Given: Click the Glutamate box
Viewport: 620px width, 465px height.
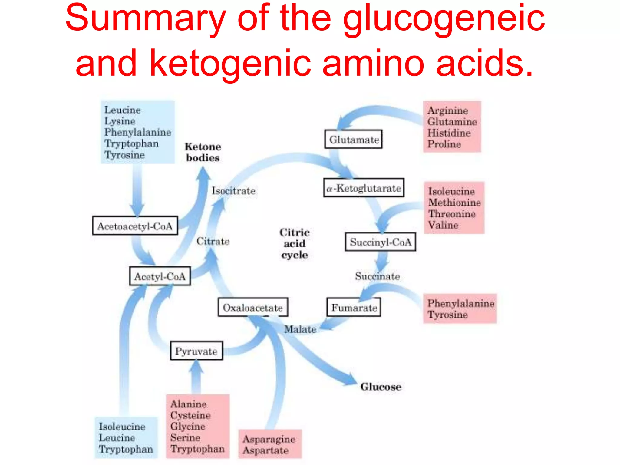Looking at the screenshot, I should click(x=353, y=140).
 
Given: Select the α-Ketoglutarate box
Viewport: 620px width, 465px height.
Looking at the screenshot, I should click(x=364, y=188).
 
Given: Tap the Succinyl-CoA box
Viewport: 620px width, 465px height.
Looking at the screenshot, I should click(x=381, y=242).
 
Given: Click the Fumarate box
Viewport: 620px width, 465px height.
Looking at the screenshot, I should click(x=354, y=308).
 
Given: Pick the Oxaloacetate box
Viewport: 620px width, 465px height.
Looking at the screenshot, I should click(x=253, y=308).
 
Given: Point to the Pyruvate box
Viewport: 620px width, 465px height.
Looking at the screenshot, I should click(x=196, y=351).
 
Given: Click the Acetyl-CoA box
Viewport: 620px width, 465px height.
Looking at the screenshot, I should click(x=160, y=276).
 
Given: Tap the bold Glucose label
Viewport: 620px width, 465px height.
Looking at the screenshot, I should click(x=381, y=387).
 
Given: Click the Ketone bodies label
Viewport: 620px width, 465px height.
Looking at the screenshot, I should click(x=203, y=152).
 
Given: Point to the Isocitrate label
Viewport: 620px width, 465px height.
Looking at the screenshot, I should click(x=233, y=191).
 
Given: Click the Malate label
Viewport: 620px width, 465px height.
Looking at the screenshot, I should click(x=300, y=329).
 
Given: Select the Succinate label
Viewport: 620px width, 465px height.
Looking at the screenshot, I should click(x=377, y=276).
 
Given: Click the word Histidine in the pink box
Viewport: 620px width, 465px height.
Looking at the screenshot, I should click(x=449, y=133).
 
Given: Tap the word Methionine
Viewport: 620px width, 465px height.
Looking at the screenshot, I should click(x=454, y=202).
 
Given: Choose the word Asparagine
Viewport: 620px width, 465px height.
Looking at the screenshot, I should click(x=269, y=439).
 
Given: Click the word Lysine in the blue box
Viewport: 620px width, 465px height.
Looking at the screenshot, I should click(x=120, y=121).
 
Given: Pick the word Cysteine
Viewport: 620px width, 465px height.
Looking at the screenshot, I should click(x=190, y=415).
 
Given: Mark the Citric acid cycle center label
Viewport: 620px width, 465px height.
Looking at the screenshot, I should click(x=294, y=243).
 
